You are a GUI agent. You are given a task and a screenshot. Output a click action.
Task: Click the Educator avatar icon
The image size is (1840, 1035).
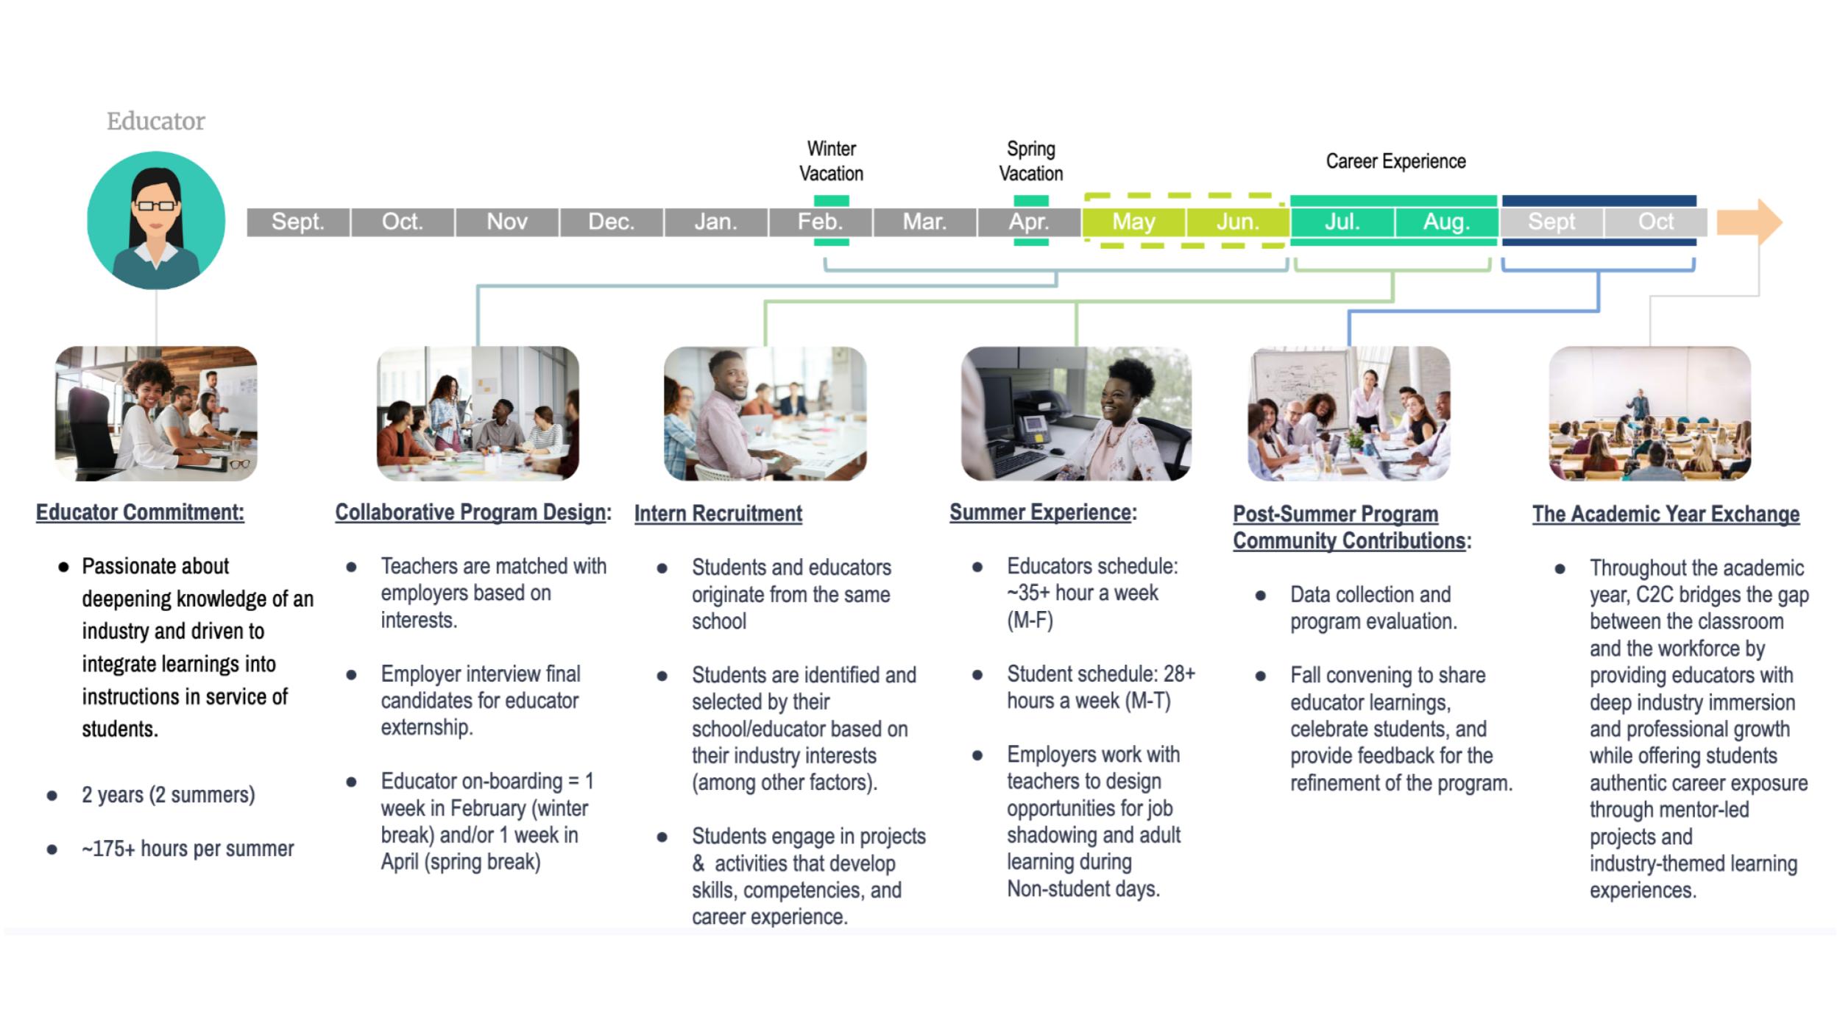(156, 220)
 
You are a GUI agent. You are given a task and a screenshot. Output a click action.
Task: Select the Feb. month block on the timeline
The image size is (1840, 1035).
(821, 222)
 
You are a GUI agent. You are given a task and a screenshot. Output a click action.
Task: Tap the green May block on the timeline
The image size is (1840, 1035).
(1133, 222)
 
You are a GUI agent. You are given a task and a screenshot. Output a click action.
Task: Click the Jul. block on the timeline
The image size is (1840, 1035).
(1342, 222)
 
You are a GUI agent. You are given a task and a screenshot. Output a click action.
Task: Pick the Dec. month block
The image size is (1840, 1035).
(612, 222)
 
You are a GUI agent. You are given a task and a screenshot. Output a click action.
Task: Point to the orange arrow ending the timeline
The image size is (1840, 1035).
(1749, 222)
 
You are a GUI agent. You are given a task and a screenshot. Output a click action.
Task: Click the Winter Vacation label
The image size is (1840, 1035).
(832, 161)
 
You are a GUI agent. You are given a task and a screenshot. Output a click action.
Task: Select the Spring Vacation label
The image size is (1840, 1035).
(1031, 161)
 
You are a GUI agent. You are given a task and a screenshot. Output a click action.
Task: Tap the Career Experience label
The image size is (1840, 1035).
(1395, 161)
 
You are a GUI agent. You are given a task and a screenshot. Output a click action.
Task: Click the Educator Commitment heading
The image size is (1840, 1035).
(140, 512)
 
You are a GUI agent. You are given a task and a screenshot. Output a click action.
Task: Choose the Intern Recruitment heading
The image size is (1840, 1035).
(718, 513)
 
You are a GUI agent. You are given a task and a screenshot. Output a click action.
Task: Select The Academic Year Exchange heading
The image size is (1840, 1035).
(1666, 514)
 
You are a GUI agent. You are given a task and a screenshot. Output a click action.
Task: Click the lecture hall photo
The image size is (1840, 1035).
(1649, 414)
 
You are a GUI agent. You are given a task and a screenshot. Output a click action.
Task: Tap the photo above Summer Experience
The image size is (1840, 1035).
(1076, 414)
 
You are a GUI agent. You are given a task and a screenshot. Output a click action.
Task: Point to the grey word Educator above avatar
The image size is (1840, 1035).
(156, 121)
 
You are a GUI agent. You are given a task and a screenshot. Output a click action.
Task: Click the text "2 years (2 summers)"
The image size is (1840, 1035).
(169, 795)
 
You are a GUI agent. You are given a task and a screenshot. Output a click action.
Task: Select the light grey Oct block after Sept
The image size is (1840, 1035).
(1655, 222)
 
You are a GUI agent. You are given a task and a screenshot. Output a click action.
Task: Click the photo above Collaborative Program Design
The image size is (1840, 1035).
(478, 414)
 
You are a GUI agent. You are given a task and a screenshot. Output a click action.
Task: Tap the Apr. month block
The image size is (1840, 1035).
(1029, 222)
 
